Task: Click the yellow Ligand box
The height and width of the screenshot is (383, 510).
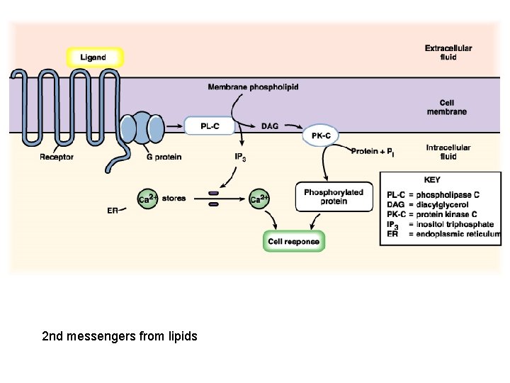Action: (94, 57)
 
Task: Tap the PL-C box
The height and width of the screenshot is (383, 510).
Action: (209, 126)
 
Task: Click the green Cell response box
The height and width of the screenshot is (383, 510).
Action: (293, 242)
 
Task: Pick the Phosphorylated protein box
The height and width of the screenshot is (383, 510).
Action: (333, 196)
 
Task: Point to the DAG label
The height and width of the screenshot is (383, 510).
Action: (269, 126)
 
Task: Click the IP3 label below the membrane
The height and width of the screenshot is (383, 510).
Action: (240, 157)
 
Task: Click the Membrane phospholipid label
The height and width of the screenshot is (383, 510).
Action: (253, 87)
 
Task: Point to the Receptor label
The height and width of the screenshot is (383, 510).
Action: (56, 157)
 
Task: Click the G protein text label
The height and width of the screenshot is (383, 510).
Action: (164, 157)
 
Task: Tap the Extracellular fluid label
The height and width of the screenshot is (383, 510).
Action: (448, 52)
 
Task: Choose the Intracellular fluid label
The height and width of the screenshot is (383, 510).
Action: (448, 152)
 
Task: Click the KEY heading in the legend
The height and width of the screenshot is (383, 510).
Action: (431, 180)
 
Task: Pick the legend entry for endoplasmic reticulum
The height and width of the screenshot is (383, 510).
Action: (443, 234)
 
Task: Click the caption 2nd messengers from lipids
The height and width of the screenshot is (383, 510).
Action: (120, 335)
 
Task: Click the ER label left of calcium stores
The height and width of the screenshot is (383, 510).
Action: (112, 211)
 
